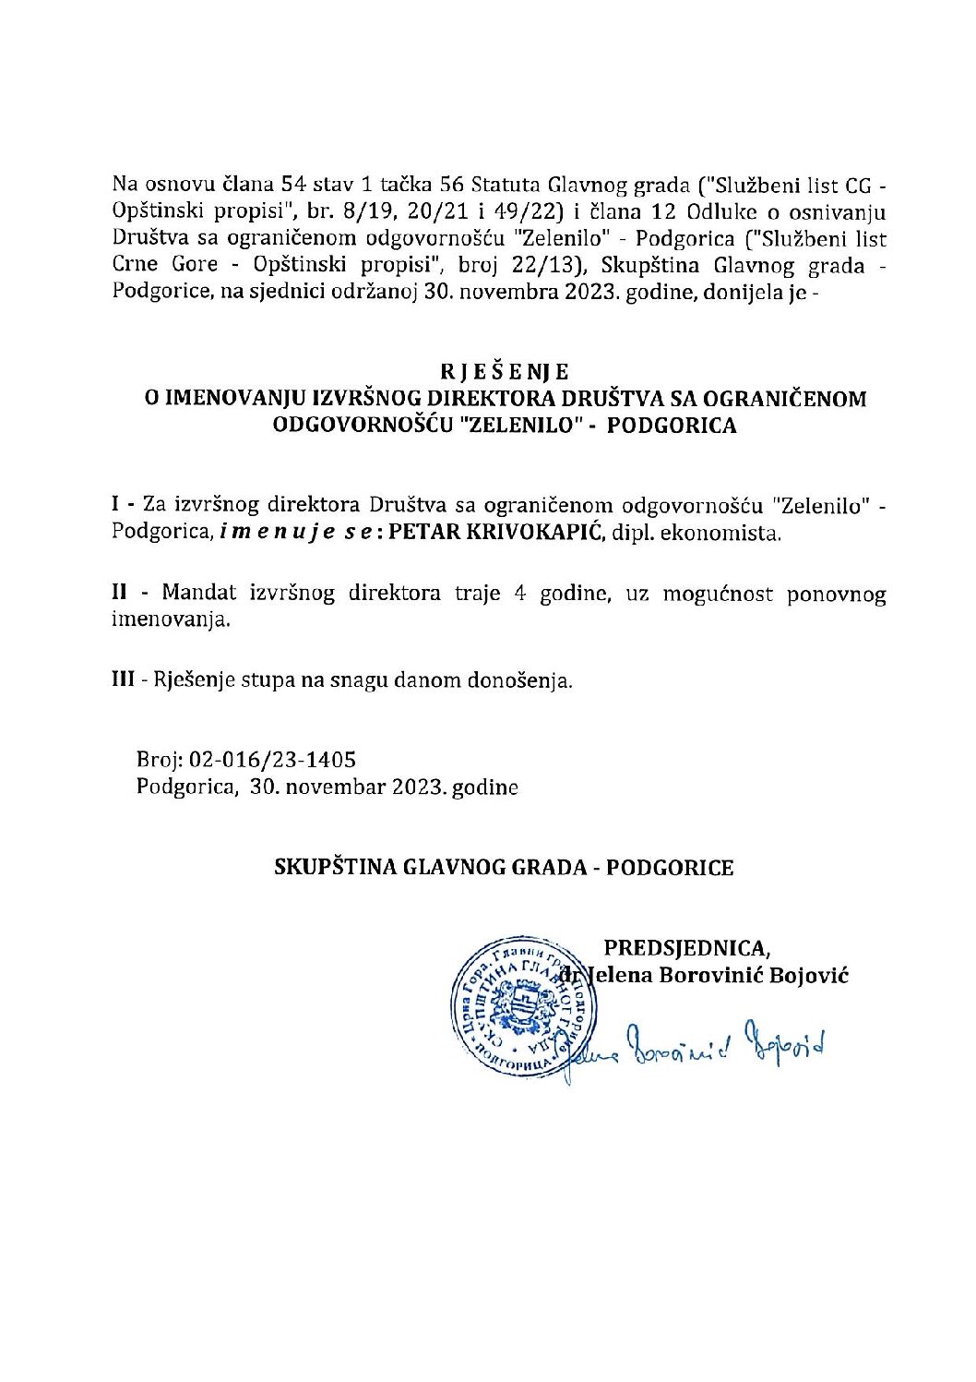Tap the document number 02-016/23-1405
272,760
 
